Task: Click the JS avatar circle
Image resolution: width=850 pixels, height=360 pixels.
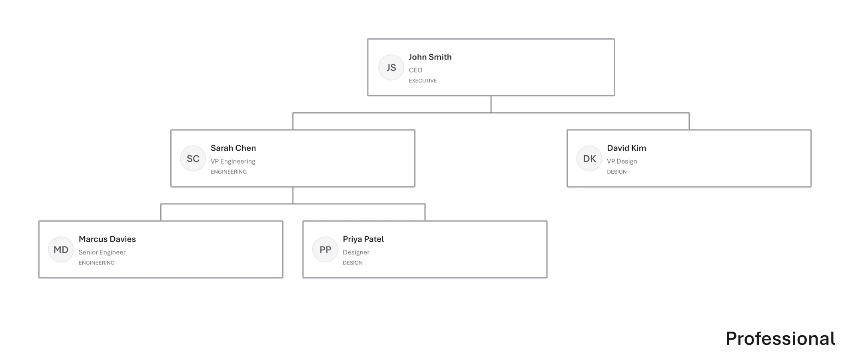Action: [391, 67]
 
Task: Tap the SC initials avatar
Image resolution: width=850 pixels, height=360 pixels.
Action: [193, 158]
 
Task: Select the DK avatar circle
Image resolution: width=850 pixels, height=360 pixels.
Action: [589, 158]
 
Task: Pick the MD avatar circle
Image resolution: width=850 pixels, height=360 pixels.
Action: [61, 250]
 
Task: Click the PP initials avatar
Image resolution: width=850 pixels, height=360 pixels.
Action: [325, 250]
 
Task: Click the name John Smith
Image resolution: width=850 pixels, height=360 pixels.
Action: [430, 57]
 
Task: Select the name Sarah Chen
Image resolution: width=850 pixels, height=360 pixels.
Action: [233, 148]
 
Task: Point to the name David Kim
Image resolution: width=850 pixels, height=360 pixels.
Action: [627, 148]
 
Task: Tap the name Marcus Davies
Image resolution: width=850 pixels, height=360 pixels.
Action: [107, 239]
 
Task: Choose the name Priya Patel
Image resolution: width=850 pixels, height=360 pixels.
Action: [363, 239]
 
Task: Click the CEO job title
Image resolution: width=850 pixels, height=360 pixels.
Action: [415, 70]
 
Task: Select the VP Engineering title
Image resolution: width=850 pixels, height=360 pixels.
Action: [233, 161]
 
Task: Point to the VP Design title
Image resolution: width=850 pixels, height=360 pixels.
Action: [622, 161]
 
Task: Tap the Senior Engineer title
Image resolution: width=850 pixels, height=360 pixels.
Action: [102, 252]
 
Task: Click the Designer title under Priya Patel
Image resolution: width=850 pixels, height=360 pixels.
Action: [356, 252]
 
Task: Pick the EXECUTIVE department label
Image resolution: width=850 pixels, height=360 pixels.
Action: [423, 81]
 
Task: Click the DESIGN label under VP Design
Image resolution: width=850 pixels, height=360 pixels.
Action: [617, 172]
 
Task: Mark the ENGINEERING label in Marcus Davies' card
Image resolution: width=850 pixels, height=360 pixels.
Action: [96, 263]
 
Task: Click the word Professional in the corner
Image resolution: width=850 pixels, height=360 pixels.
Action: [780, 339]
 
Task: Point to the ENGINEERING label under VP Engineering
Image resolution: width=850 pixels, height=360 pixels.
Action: [229, 172]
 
